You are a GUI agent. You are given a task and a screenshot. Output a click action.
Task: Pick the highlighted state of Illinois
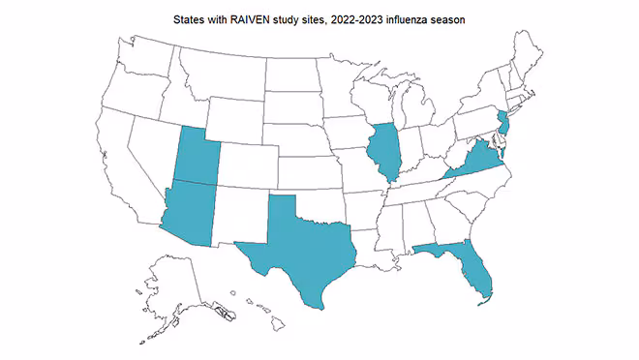point(384,151)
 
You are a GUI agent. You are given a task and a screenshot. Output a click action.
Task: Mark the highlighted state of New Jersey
point(503,124)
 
